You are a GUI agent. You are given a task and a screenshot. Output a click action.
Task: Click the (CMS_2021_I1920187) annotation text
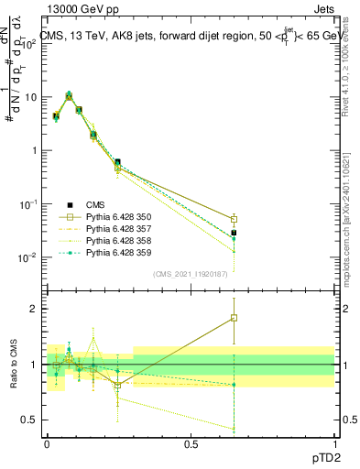coord(190,273)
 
